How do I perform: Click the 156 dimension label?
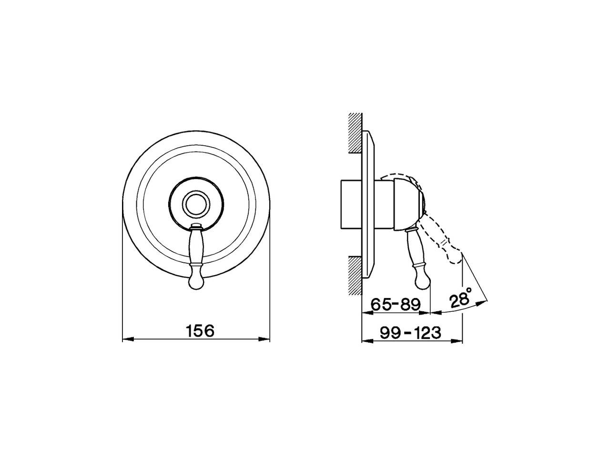click(200, 330)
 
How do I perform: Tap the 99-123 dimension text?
click(411, 333)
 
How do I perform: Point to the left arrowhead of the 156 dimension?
click(127, 339)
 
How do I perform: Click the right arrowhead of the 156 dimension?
click(266, 339)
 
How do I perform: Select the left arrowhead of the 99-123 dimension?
click(366, 341)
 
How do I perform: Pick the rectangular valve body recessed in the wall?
click(352, 205)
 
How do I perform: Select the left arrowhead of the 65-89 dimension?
click(366, 313)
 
